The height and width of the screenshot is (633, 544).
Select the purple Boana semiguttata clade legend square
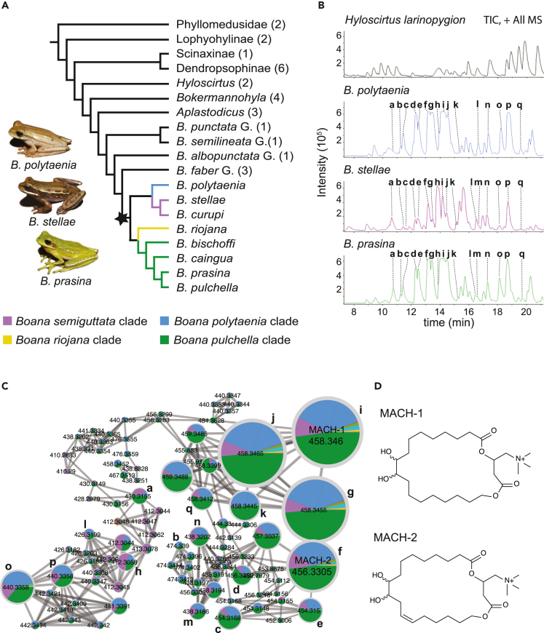[8, 320]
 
